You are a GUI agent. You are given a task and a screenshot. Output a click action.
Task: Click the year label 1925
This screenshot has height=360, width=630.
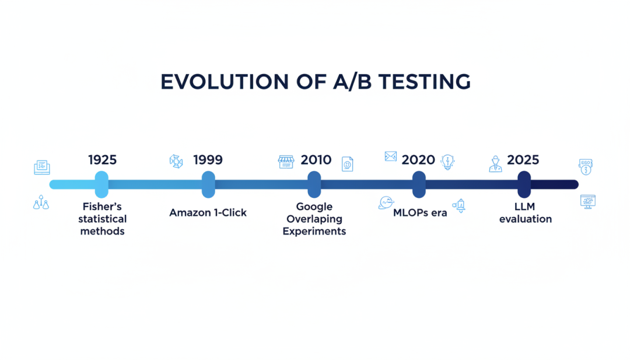(103, 160)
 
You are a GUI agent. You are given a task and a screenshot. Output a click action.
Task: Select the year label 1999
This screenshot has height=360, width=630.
(208, 160)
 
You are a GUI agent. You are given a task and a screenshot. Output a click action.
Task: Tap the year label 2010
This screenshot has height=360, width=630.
(316, 160)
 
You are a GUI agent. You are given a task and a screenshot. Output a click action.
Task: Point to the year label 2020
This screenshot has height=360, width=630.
(418, 160)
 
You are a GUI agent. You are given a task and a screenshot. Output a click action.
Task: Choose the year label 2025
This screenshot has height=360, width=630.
(523, 160)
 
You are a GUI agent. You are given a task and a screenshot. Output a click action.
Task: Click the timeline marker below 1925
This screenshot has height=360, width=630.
(101, 184)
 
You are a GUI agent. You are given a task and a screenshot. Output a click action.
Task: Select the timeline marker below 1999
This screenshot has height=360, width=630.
(208, 184)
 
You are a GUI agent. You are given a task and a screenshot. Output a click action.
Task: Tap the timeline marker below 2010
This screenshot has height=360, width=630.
(314, 184)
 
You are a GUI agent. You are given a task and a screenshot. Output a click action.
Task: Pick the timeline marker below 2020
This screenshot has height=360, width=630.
(419, 184)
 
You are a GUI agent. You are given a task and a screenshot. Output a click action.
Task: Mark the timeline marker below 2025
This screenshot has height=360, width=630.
(524, 184)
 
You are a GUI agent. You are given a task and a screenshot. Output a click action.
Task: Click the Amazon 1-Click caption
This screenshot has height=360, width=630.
(208, 212)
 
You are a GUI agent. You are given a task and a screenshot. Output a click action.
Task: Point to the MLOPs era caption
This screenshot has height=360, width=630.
(420, 212)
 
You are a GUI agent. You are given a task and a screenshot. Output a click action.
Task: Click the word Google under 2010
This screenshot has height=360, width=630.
(314, 207)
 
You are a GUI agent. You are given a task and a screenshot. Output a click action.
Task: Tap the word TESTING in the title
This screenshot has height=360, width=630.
(424, 82)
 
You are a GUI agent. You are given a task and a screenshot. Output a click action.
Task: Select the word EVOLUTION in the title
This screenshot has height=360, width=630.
(225, 82)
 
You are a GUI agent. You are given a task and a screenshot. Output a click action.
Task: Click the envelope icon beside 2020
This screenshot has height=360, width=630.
(390, 156)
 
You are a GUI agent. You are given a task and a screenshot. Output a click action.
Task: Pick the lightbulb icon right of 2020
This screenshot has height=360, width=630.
(447, 162)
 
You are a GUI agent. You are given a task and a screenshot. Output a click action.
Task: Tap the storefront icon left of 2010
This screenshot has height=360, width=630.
(286, 162)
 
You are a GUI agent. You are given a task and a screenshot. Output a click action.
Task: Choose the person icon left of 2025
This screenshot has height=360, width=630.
(495, 164)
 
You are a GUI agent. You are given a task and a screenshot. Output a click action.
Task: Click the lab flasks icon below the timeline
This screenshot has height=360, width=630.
(41, 202)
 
